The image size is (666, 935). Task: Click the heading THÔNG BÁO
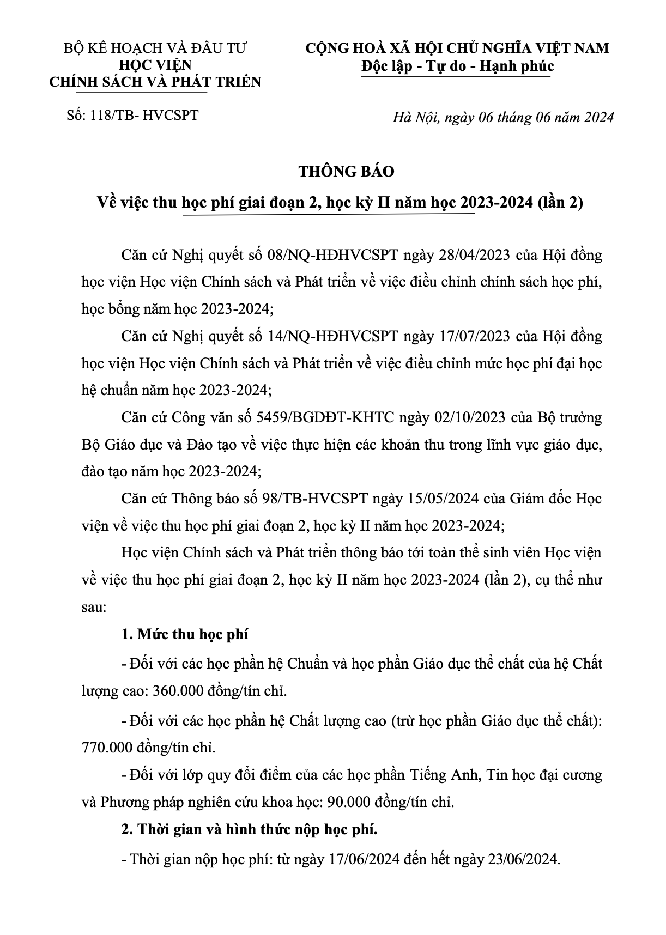346,171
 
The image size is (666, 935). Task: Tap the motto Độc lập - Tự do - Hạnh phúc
457,66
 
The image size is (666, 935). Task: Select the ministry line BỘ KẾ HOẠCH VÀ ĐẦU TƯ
155,48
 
